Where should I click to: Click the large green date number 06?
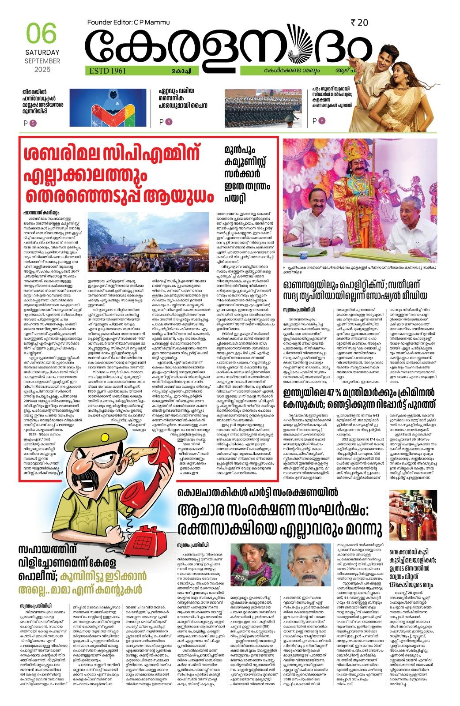point(41,34)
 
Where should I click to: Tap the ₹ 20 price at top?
point(359,23)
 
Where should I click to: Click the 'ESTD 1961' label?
point(108,71)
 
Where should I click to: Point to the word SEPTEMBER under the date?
point(42,61)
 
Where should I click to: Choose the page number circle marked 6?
point(169,121)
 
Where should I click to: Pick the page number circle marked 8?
point(322,120)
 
